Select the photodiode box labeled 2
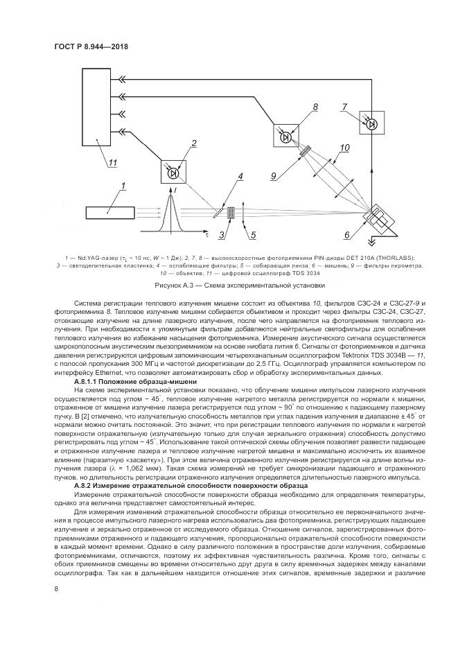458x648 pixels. [x=173, y=170]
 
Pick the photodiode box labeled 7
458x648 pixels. [x=372, y=123]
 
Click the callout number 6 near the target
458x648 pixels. [x=349, y=236]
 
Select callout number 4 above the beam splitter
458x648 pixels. [x=239, y=177]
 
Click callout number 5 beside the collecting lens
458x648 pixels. [x=254, y=236]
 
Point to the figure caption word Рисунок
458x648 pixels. [x=174, y=285]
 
